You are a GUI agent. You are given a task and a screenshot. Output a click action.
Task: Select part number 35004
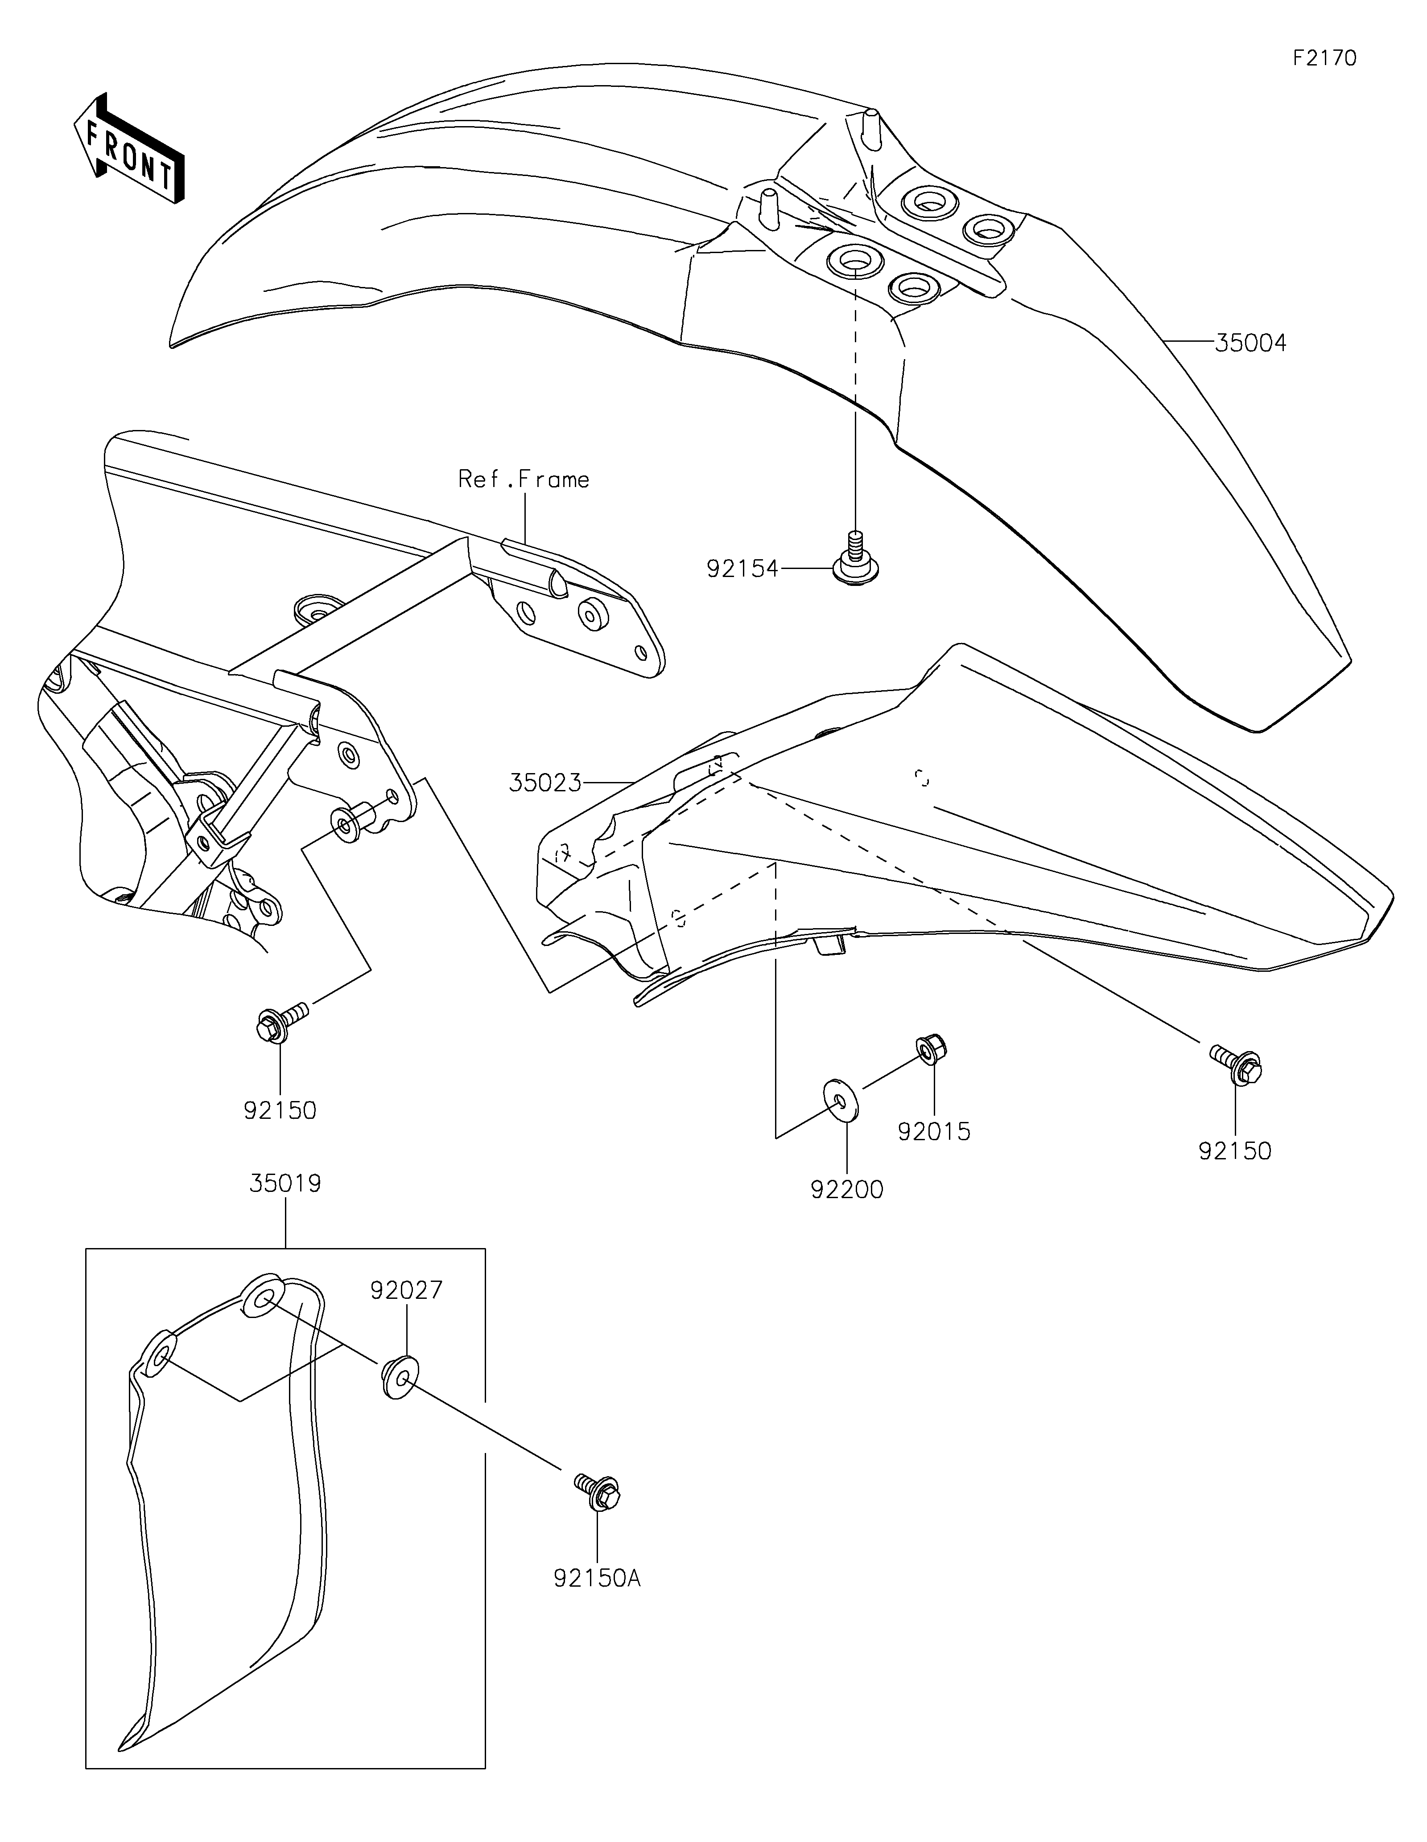[x=1250, y=343]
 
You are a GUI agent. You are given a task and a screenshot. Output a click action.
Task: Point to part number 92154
[x=742, y=569]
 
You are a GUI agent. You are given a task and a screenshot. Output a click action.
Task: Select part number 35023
[x=545, y=783]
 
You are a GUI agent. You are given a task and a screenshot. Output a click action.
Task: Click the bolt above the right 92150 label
[x=1236, y=1064]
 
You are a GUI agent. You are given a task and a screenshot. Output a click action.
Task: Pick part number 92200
[x=847, y=1190]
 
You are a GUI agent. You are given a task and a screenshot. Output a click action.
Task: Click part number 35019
[x=285, y=1184]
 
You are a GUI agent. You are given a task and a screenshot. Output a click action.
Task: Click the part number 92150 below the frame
[x=280, y=1111]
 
